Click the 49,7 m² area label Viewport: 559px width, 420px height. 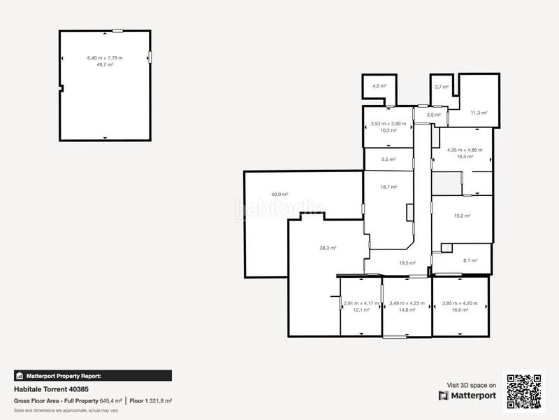pos(105,64)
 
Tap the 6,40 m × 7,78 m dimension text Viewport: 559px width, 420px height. pos(105,57)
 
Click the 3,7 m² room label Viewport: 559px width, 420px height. pos(441,87)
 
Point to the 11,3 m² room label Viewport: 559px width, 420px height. pos(479,112)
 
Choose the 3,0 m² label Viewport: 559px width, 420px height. pos(433,115)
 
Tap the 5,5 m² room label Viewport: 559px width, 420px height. pos(389,160)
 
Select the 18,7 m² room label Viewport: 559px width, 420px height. pos(389,187)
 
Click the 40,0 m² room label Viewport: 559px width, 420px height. pos(280,195)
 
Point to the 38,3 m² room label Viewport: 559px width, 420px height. pos(328,248)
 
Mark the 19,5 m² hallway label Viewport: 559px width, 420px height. pos(407,263)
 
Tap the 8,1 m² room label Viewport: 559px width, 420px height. pos(470,260)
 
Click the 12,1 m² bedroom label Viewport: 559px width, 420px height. pos(361,309)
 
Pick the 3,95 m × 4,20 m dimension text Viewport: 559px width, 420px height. pos(460,303)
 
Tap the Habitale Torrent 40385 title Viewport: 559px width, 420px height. pos(52,389)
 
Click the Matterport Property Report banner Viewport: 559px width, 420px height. pos(92,375)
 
